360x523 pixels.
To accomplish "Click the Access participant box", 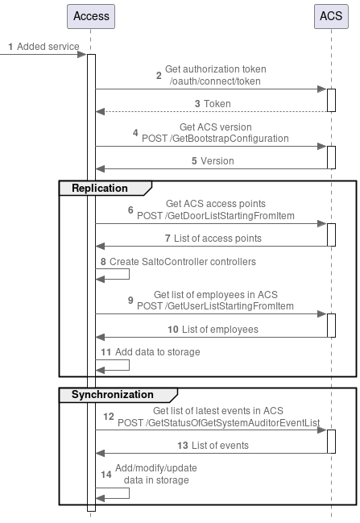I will pyautogui.click(x=90, y=17).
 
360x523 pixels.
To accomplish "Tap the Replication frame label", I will pyautogui.click(x=100, y=188).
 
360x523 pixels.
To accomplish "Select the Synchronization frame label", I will pyautogui.click(x=112, y=395).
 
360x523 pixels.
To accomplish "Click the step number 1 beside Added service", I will pyautogui.click(x=10, y=47).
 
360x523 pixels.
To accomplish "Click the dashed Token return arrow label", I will pyautogui.click(x=216, y=104).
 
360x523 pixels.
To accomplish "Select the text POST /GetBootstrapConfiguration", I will pyautogui.click(x=214, y=139).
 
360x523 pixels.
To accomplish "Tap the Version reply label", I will pyautogui.click(x=217, y=161).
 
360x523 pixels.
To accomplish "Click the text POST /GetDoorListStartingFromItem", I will pyautogui.click(x=215, y=215).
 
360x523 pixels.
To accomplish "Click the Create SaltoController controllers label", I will pyautogui.click(x=182, y=262).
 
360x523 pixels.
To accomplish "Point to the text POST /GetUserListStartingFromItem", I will pyautogui.click(x=215, y=306).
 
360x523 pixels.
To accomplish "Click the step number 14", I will pyautogui.click(x=106, y=474).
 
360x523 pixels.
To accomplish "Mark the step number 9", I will pyautogui.click(x=130, y=301).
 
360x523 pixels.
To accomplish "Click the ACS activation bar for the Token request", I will pyautogui.click(x=331, y=100).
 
